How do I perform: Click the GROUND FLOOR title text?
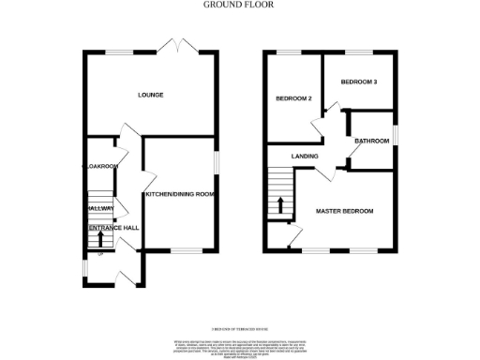[232, 5]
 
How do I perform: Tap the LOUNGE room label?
[151, 95]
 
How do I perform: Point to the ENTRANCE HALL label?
[113, 228]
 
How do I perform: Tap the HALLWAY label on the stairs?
[100, 208]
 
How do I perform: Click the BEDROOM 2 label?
[292, 98]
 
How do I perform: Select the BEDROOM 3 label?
[358, 82]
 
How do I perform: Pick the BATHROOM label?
[372, 141]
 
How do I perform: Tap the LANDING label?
[305, 156]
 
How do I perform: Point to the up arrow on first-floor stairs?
[277, 207]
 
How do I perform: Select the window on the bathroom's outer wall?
[395, 136]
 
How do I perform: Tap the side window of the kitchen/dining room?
[217, 162]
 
